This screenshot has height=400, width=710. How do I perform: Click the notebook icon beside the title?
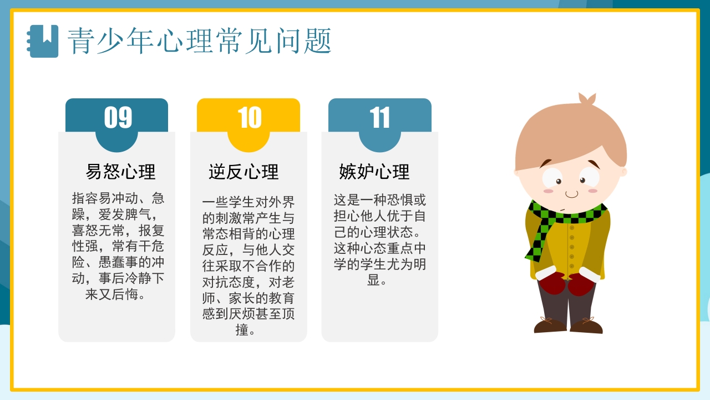[x=43, y=41]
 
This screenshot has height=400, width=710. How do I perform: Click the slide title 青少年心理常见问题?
[x=199, y=41]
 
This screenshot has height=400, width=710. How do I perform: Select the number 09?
[x=118, y=117]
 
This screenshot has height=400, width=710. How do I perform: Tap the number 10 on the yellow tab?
[x=249, y=118]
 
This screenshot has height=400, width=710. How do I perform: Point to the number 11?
[x=380, y=118]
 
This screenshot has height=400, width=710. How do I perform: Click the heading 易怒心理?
[x=120, y=171]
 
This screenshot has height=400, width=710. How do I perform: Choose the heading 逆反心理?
[x=244, y=172]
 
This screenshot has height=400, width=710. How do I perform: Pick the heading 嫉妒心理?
[x=374, y=172]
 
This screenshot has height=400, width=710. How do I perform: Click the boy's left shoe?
[x=586, y=326]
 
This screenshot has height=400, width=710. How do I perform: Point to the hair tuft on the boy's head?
[x=586, y=99]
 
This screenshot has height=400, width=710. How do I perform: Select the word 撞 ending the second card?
[x=242, y=329]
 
